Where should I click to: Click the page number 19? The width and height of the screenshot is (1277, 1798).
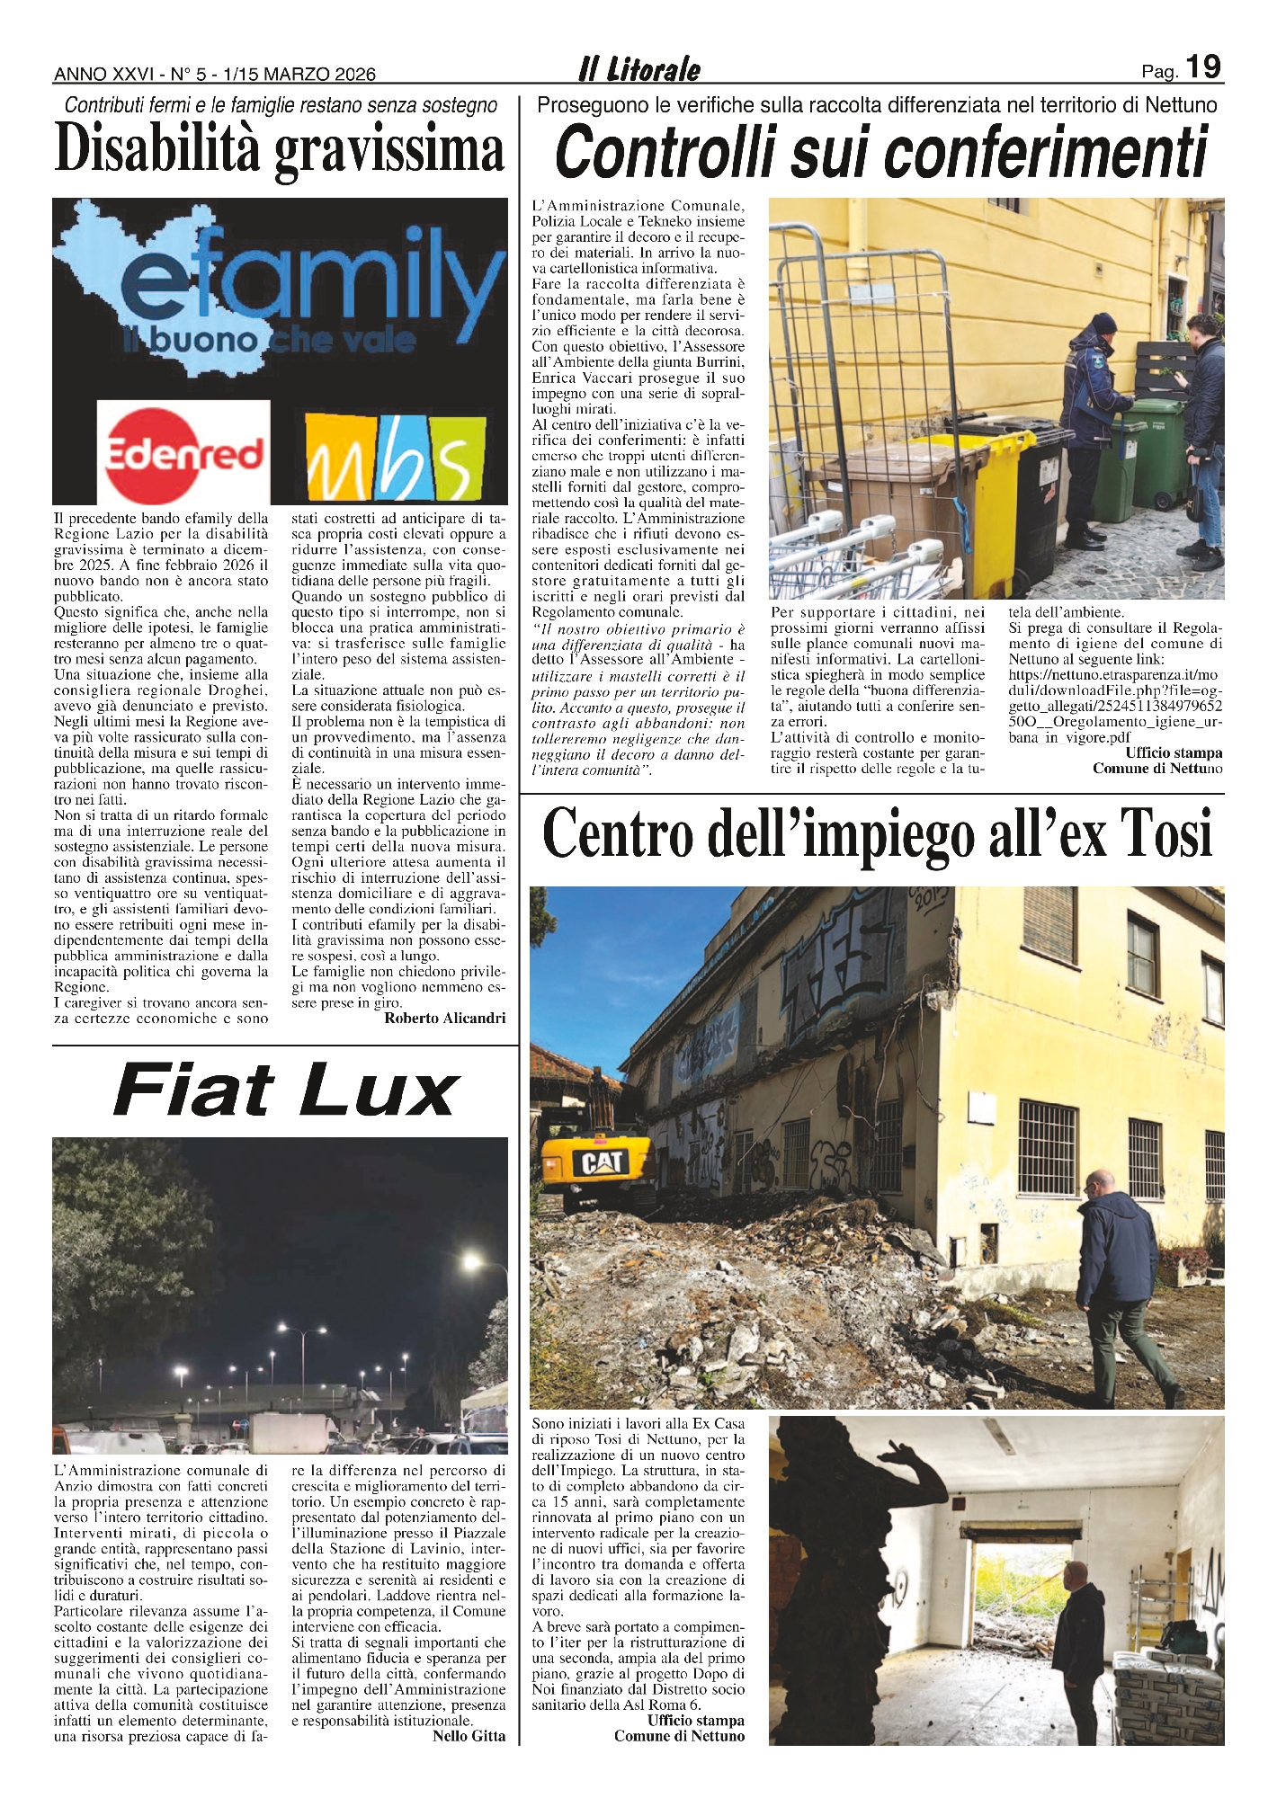[1203, 67]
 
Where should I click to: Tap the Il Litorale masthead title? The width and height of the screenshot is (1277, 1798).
[638, 69]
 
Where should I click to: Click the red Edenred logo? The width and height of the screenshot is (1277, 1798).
[183, 452]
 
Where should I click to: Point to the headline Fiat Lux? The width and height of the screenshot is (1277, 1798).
[286, 1090]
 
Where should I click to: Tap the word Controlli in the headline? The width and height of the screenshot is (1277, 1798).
[664, 152]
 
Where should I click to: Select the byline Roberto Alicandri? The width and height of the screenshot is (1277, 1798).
[444, 1018]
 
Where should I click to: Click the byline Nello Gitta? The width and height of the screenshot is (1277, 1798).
[469, 1736]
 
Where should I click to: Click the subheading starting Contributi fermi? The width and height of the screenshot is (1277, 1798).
[281, 105]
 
